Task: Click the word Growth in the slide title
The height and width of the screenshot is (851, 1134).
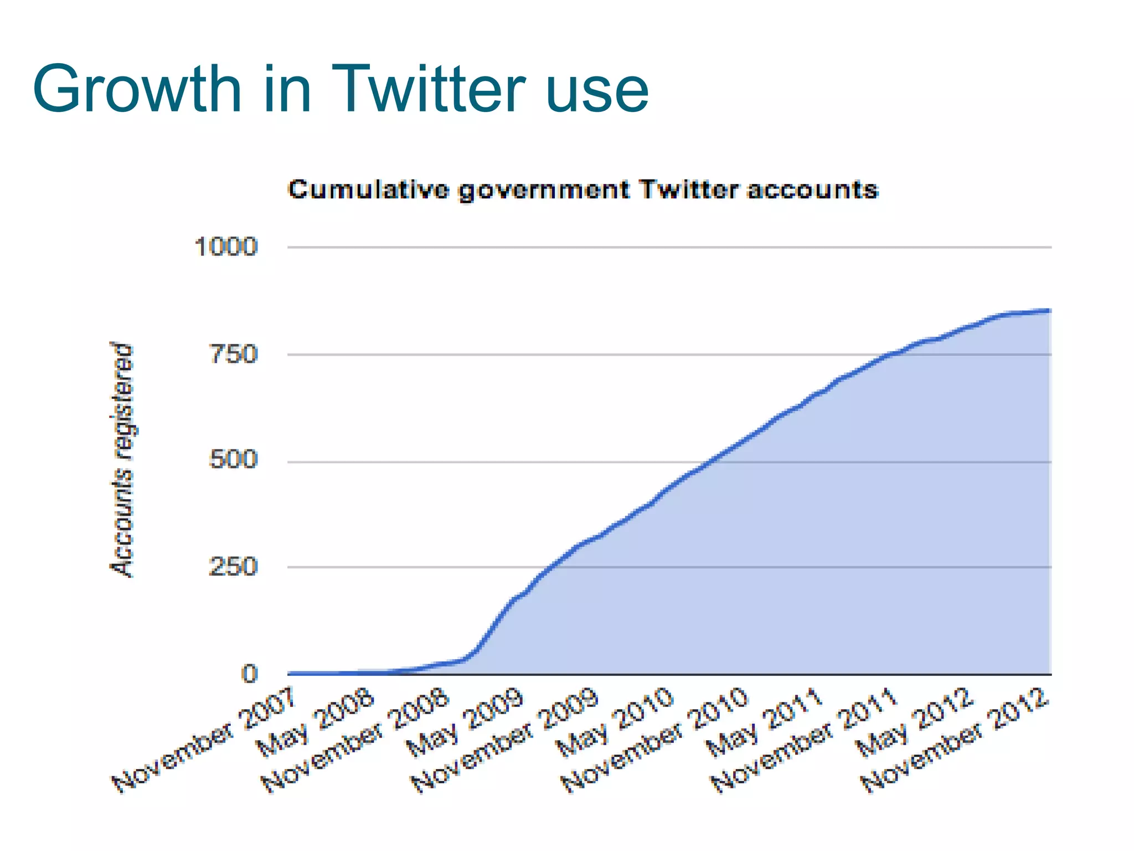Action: click(x=137, y=90)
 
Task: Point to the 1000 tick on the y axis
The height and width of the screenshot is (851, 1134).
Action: click(x=226, y=247)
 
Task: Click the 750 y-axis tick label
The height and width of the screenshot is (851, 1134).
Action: click(x=233, y=354)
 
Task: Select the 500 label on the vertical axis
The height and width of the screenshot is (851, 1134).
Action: click(x=233, y=460)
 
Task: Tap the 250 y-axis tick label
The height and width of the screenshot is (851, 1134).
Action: click(x=233, y=567)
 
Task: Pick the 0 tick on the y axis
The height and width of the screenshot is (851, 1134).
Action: click(x=250, y=674)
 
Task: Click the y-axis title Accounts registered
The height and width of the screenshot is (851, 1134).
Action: click(x=122, y=460)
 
